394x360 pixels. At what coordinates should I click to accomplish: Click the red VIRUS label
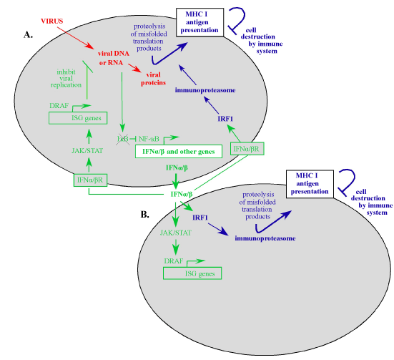point(52,21)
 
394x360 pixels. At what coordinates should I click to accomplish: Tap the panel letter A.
point(28,35)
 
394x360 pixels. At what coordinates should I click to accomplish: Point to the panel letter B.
point(145,215)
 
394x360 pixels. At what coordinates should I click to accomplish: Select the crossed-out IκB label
point(123,139)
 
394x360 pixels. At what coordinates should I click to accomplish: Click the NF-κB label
point(149,139)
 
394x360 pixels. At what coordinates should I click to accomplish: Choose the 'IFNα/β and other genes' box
point(179,152)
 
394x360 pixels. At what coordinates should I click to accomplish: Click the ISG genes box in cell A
point(78,118)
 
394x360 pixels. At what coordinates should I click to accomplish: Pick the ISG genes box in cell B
point(192,273)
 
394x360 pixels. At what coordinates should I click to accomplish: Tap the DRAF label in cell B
point(173,261)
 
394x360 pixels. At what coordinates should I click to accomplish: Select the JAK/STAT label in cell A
point(87,151)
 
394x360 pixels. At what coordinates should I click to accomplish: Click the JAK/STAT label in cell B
point(176,233)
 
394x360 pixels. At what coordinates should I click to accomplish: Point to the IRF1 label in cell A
point(225,119)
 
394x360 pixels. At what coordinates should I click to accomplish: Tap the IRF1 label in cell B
point(200,218)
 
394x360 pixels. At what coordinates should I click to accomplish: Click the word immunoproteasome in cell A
point(205,90)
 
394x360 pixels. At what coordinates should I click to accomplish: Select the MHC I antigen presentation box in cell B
point(310,184)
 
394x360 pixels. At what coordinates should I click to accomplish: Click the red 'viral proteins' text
point(153,79)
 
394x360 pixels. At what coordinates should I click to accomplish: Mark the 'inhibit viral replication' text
point(66,79)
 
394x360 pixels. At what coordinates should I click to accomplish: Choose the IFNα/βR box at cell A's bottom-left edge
point(90,180)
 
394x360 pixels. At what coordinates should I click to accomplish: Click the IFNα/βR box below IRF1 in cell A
point(247,149)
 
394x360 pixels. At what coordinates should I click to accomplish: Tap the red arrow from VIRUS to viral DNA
point(75,38)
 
